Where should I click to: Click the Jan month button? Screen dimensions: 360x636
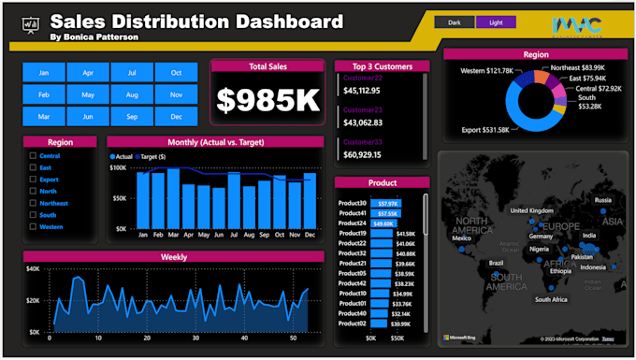pos(44,72)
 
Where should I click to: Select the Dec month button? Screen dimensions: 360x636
pos(176,116)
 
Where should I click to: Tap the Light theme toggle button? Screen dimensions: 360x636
pos(496,22)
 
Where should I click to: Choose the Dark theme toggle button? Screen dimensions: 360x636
pos(455,22)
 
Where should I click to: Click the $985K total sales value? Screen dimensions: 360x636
pos(267,100)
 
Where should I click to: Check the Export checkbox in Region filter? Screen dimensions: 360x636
pos(34,179)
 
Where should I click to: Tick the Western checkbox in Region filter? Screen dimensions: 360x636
pos(34,226)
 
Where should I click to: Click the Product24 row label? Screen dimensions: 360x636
pos(352,223)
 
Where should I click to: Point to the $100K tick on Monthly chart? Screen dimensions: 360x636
pos(118,167)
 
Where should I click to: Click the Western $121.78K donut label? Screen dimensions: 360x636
pos(486,71)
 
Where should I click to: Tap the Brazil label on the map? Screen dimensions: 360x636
pos(496,263)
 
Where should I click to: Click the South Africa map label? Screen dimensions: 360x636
pos(551,299)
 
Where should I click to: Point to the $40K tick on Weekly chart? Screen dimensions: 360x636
pos(33,269)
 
